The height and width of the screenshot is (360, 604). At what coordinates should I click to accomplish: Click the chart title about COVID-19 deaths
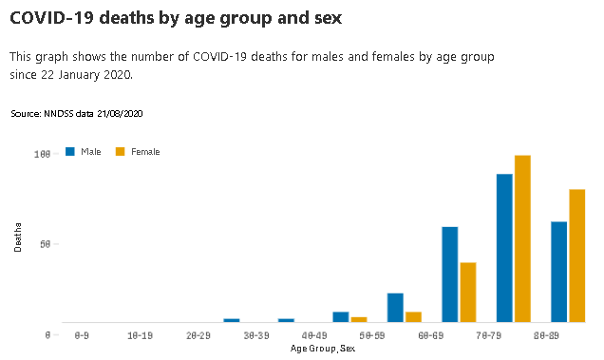(176, 18)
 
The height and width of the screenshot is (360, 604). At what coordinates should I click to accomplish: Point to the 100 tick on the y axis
(41, 154)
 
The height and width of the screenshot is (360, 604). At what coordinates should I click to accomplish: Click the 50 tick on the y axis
(44, 244)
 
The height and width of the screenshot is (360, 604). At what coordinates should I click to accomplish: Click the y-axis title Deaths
(18, 236)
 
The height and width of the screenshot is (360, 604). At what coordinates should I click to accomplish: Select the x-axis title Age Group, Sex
(323, 349)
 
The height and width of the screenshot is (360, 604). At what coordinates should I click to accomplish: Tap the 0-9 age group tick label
(83, 336)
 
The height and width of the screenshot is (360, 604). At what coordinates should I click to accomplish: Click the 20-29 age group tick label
(198, 336)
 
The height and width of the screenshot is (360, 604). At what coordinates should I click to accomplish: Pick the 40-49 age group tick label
(314, 336)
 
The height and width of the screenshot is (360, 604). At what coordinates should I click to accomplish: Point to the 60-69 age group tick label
(430, 336)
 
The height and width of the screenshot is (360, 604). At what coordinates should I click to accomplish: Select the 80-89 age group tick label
(546, 336)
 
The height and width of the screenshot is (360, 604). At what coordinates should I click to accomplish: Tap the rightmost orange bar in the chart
(576, 256)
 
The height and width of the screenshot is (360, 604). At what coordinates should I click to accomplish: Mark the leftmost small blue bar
(232, 321)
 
